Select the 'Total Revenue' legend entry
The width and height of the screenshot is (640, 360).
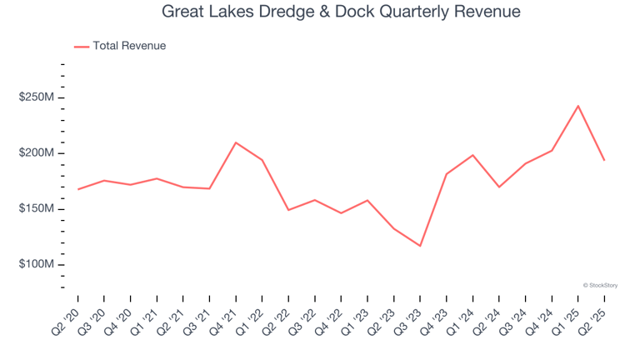click(129, 46)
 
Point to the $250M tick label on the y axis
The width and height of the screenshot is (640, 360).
click(37, 98)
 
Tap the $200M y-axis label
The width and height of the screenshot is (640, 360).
click(37, 153)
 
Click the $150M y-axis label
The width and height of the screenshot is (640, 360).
click(37, 209)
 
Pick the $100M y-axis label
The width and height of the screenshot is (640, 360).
click(37, 264)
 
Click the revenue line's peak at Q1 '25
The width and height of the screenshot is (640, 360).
click(577, 106)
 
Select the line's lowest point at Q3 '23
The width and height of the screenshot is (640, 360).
click(420, 246)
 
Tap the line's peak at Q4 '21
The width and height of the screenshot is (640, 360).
click(236, 142)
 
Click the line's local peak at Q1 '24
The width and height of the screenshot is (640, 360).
click(472, 155)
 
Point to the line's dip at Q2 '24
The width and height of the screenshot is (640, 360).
click(499, 187)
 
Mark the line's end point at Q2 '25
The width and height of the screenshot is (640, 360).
click(604, 160)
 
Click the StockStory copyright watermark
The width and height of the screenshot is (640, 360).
click(600, 285)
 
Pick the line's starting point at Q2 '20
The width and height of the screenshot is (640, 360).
click(78, 189)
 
